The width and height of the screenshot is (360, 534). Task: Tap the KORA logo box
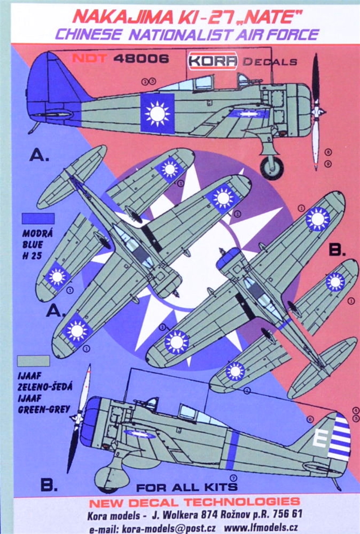[213, 61]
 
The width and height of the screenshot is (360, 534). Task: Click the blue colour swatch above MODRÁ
[38, 219]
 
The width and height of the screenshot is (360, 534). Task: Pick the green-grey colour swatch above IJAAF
[33, 360]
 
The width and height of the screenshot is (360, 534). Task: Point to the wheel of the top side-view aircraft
[271, 168]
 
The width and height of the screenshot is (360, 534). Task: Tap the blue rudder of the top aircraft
[46, 87]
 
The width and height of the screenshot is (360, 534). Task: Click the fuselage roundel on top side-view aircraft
[157, 113]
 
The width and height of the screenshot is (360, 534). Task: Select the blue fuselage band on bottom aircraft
[232, 449]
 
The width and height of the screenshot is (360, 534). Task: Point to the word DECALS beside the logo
[270, 62]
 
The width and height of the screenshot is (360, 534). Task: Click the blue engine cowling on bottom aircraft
[90, 422]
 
